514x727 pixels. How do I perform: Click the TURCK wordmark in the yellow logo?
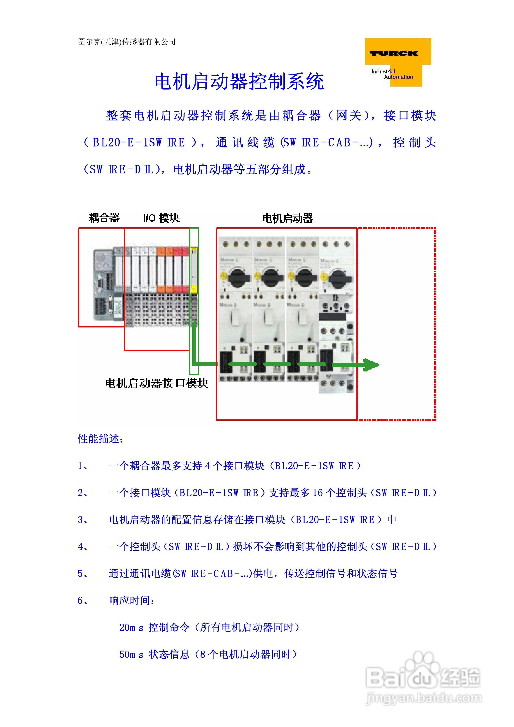pos(394,53)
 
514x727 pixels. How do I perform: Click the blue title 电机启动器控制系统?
pos(239,81)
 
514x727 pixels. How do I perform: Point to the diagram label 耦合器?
pos(104,218)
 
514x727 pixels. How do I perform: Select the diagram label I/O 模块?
pos(161,218)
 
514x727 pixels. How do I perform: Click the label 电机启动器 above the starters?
pos(288,218)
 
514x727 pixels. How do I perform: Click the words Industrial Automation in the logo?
pos(392,74)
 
